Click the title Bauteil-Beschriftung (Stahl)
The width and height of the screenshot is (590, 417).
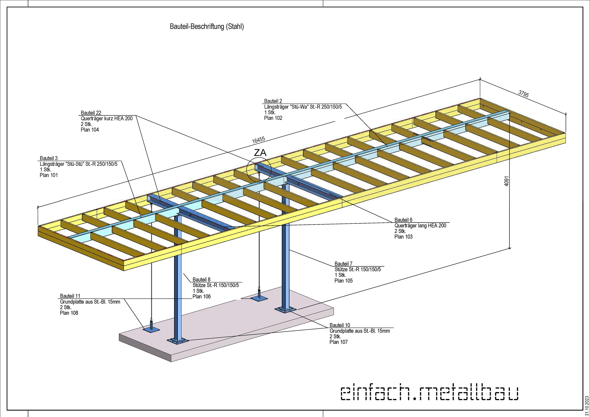(x=207, y=27)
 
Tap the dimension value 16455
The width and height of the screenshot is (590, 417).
(x=258, y=140)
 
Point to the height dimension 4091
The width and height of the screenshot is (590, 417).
(x=506, y=181)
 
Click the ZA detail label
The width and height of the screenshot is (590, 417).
(x=260, y=153)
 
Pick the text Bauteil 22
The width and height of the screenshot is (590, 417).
(x=91, y=113)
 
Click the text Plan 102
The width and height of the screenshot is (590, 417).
(x=273, y=118)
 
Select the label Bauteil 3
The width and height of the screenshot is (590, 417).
(x=49, y=158)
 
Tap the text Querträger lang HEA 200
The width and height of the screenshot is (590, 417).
(x=420, y=226)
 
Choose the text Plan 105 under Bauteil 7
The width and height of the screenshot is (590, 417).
(x=344, y=281)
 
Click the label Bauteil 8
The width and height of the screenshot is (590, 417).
(x=201, y=280)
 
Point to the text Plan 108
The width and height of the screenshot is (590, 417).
(x=69, y=313)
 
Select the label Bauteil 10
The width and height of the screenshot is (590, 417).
(x=340, y=325)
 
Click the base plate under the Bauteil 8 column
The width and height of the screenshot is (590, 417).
(x=178, y=341)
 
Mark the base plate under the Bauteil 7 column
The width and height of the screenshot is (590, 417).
(x=285, y=310)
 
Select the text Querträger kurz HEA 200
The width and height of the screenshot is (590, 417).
(x=107, y=118)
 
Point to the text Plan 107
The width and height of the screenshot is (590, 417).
(x=338, y=342)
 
